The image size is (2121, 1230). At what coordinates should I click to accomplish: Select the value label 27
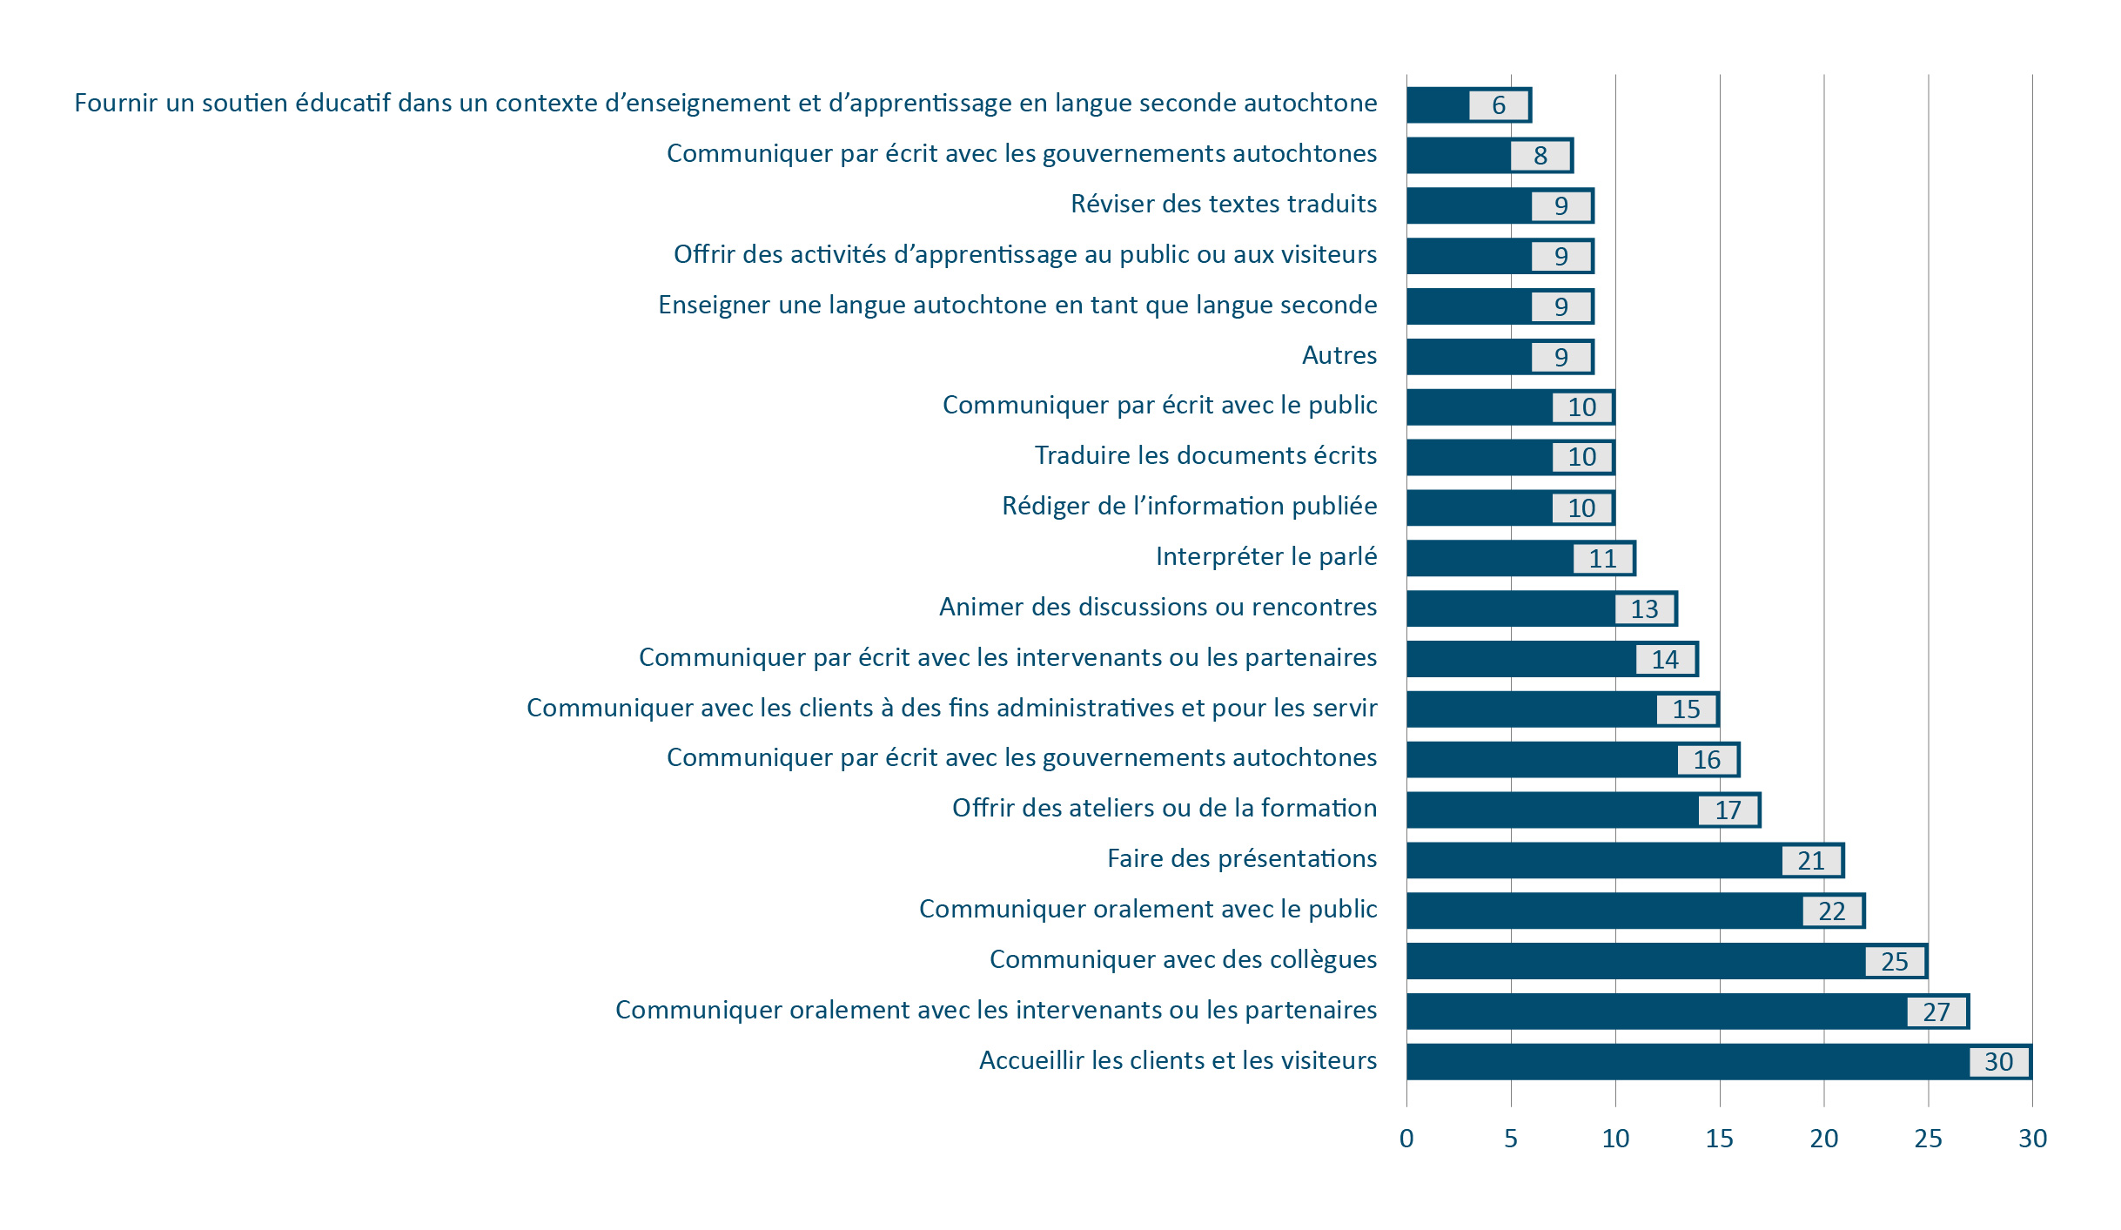(1936, 1012)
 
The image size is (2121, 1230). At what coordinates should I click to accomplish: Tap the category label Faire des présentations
(1242, 858)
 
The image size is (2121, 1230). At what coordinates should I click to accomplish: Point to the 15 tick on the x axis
(1719, 1138)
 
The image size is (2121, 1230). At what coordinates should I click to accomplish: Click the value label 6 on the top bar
(1499, 105)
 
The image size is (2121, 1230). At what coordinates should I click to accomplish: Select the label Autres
(1339, 355)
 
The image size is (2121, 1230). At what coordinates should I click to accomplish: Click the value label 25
(1895, 961)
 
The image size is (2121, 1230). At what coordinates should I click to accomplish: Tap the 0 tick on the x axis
(1406, 1138)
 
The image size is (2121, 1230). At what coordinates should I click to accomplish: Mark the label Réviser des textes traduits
(1224, 204)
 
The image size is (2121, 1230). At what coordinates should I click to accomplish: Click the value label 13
(1644, 608)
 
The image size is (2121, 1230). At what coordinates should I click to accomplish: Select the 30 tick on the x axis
(2032, 1138)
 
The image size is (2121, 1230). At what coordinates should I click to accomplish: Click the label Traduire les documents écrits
(1205, 455)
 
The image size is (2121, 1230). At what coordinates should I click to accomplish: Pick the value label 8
(1540, 156)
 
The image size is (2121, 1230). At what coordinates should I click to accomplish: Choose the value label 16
(1707, 760)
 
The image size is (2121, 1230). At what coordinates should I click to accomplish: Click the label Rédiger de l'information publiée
(1189, 506)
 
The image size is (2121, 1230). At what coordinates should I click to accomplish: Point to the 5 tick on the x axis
(1511, 1138)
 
